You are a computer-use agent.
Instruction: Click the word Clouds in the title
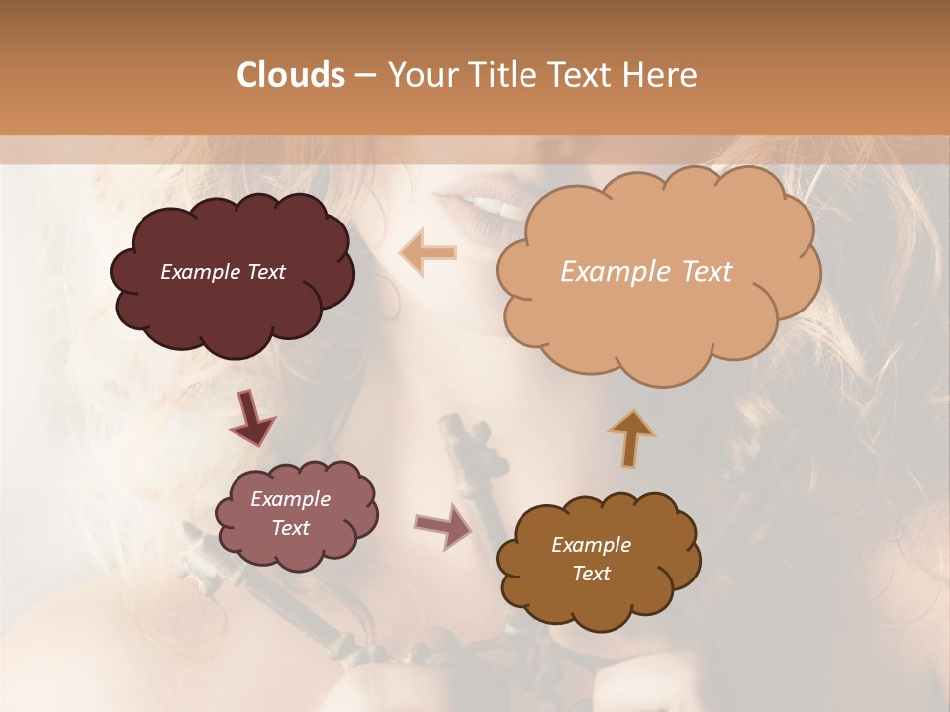point(290,75)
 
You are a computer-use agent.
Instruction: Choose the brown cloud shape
point(594,593)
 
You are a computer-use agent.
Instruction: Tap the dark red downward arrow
point(251,417)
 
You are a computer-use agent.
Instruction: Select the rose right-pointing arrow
point(443,525)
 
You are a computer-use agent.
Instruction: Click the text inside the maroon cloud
point(223,272)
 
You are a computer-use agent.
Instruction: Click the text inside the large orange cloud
point(646,272)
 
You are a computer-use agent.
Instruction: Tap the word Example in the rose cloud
point(290,499)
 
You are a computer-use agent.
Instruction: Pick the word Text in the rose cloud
point(290,528)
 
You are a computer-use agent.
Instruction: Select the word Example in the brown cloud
point(591,545)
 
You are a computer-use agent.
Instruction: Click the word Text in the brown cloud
point(591,574)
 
